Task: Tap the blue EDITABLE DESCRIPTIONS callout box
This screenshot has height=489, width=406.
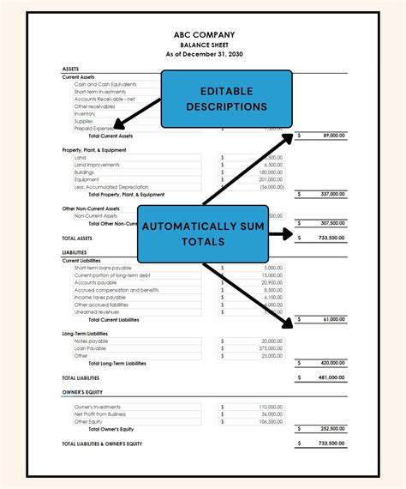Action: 227,99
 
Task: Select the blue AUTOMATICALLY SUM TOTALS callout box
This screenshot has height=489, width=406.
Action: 203,233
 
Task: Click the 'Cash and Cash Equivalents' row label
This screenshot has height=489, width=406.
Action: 105,84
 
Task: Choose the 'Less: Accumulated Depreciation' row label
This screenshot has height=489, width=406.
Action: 111,186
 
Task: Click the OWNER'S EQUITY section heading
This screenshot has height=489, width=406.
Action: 83,393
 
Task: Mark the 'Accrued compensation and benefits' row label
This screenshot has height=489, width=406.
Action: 116,290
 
